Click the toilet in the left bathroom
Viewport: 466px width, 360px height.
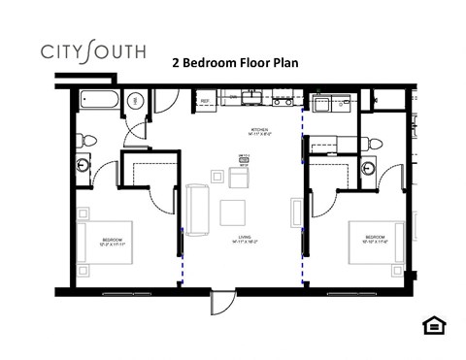tap(86, 139)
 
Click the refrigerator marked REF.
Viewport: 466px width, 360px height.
tap(206, 99)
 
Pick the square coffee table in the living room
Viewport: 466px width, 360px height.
tap(234, 213)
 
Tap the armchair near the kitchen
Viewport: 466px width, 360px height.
tap(239, 179)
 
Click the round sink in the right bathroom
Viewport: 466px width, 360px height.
tap(369, 168)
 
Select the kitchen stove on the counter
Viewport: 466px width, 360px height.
tap(283, 99)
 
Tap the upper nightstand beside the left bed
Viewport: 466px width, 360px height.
tap(84, 213)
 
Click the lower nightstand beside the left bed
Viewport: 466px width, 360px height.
tap(84, 271)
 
